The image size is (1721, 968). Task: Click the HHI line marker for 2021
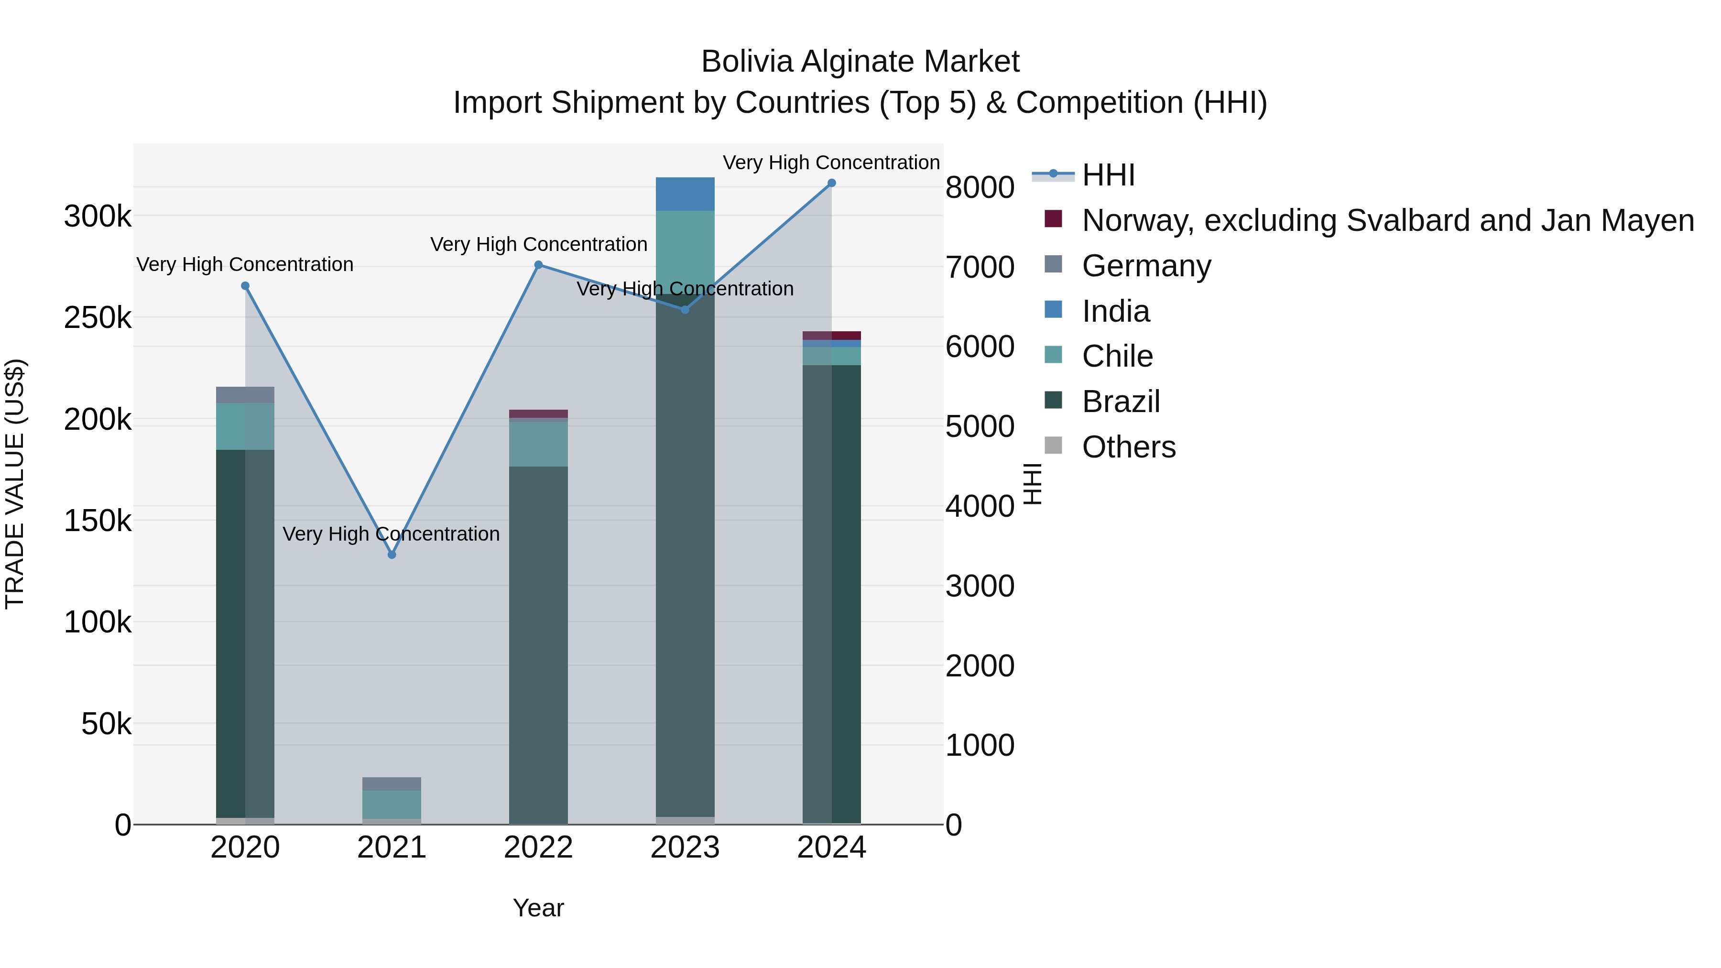pyautogui.click(x=392, y=555)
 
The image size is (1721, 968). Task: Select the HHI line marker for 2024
pyautogui.click(x=832, y=183)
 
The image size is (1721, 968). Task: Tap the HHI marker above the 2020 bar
pyautogui.click(x=245, y=286)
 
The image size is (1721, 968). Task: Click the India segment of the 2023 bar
pyautogui.click(x=685, y=195)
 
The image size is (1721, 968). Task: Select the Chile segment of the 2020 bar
pyautogui.click(x=245, y=426)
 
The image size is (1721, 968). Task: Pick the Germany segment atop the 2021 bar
pyautogui.click(x=392, y=783)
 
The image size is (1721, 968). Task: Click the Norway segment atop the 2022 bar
pyautogui.click(x=538, y=413)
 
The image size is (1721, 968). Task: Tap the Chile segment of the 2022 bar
pyautogui.click(x=538, y=444)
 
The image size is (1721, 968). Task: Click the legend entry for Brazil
pyautogui.click(x=1121, y=402)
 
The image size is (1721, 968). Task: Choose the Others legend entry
pyautogui.click(x=1128, y=447)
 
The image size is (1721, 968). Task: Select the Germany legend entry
pyautogui.click(x=1146, y=266)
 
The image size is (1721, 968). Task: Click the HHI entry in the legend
pyautogui.click(x=1108, y=175)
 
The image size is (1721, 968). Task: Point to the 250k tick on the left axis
pyautogui.click(x=98, y=318)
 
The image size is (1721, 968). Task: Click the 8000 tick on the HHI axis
pyautogui.click(x=980, y=188)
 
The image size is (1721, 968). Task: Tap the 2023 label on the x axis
pyautogui.click(x=685, y=848)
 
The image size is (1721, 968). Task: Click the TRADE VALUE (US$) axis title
pyautogui.click(x=15, y=484)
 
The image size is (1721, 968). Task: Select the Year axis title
pyautogui.click(x=538, y=908)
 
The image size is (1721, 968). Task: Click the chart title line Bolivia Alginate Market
pyautogui.click(x=860, y=62)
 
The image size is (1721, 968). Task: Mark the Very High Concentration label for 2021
pyautogui.click(x=391, y=534)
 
